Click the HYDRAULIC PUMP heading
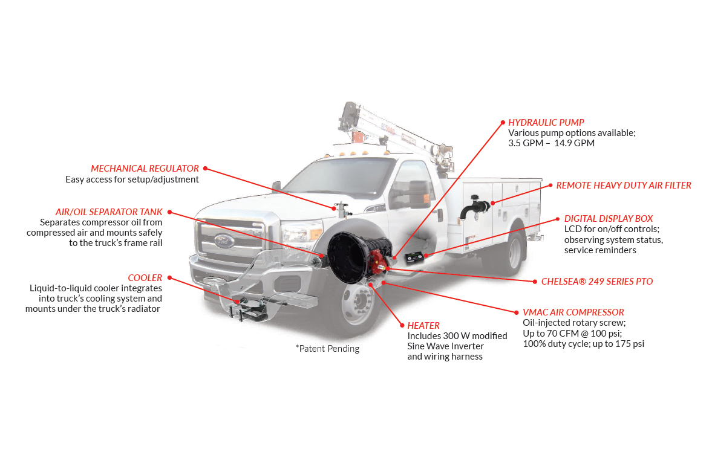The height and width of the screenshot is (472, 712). pos(546,122)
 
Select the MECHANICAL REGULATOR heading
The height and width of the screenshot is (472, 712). pos(145,169)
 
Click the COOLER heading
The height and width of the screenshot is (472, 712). pos(145,278)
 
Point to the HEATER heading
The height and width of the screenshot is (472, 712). pos(423,326)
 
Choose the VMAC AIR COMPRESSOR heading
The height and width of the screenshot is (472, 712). pos(573,312)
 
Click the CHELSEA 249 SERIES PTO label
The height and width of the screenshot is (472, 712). pos(596,282)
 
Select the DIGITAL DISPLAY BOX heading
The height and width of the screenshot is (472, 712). pos(609,219)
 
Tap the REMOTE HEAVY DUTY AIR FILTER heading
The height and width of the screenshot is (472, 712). pos(623,186)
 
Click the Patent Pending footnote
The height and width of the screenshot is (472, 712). pos(327,349)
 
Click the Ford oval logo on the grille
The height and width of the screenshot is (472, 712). pos(225,240)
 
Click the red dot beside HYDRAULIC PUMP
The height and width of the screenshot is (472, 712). pos(502,122)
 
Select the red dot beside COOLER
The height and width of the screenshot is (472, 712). pos(169,278)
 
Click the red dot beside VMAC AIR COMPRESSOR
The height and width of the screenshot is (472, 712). pos(517,312)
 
